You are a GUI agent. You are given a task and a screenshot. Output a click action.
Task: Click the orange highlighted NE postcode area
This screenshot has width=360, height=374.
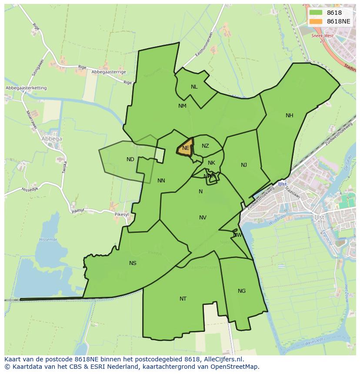coord(186,148)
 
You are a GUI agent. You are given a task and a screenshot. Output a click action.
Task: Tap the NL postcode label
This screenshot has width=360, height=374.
coord(194,87)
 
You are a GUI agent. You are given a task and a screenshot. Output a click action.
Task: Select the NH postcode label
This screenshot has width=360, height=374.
coord(289,116)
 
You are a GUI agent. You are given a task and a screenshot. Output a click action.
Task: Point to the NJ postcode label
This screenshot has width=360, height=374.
coord(244,165)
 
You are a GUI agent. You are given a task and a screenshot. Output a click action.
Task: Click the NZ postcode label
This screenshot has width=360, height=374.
coord(205,146)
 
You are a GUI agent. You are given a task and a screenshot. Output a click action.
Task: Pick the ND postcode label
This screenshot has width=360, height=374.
coord(130,159)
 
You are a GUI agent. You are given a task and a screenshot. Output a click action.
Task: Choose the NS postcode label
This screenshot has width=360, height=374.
coord(133,263)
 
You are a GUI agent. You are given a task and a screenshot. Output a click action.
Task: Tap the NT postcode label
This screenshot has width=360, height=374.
coord(183,299)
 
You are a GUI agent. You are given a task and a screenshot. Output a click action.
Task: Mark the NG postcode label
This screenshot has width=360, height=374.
coord(242,291)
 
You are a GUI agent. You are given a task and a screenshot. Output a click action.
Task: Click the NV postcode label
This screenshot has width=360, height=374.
coord(203,218)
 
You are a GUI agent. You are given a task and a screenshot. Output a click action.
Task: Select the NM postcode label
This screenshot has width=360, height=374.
coord(182,106)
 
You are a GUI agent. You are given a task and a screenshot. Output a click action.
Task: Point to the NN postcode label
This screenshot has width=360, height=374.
coord(161,181)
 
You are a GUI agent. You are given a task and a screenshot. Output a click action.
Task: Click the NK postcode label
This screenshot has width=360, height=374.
coord(211,163)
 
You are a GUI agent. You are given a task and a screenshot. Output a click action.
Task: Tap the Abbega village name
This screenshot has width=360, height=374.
coord(52,139)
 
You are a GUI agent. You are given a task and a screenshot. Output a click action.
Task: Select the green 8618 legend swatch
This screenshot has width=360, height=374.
coord(316,13)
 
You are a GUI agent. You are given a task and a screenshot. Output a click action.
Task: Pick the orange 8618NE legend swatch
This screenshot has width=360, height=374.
coord(316,21)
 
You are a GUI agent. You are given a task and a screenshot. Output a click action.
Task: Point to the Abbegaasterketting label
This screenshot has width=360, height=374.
coord(26,88)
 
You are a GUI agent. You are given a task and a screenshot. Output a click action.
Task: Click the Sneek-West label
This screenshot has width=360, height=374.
coord(322,36)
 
